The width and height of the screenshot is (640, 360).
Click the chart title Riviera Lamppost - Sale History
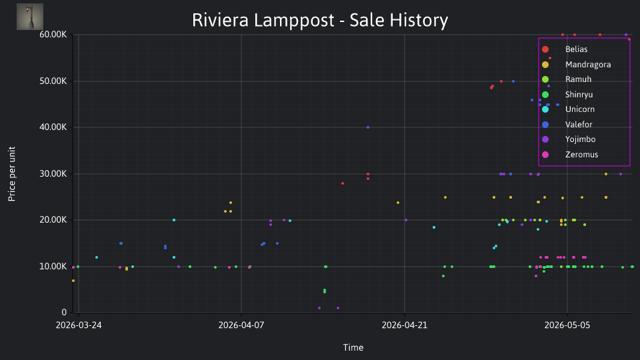(320, 20)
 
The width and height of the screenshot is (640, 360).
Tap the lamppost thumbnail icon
(30, 17)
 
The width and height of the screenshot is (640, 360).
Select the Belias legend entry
(576, 49)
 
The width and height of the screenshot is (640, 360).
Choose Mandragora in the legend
(588, 65)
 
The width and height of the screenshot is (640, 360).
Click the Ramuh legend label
(578, 79)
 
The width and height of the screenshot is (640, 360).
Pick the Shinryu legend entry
(579, 95)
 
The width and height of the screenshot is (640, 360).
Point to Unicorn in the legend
(579, 109)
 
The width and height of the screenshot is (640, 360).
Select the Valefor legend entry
(579, 125)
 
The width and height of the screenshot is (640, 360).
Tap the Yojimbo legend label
(580, 139)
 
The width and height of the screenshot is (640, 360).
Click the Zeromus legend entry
(581, 155)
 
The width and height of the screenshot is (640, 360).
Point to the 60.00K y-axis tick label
(53, 35)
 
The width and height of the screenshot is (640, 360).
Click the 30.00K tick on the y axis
(53, 174)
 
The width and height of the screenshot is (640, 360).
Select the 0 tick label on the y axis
(64, 313)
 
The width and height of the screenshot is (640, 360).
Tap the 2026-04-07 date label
(241, 325)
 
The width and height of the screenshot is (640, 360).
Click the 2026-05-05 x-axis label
(567, 325)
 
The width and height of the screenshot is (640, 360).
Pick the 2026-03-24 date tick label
(79, 325)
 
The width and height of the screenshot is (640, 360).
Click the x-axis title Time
(353, 348)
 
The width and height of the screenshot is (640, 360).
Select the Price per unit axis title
(12, 174)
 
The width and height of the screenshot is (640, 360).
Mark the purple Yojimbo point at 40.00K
(368, 127)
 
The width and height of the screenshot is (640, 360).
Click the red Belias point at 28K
(343, 184)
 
